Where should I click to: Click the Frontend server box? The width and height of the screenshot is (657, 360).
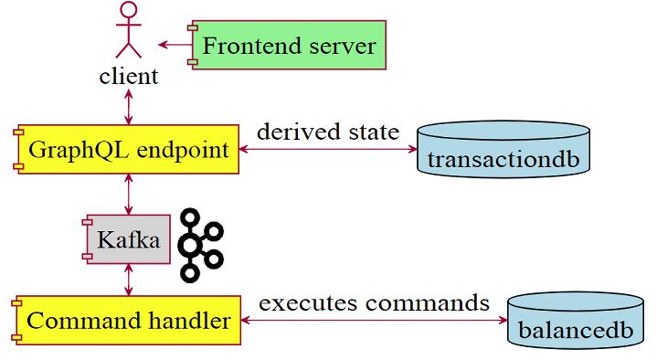point(288,44)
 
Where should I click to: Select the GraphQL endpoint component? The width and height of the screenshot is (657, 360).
point(128,148)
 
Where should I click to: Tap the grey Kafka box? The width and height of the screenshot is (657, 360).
point(128,240)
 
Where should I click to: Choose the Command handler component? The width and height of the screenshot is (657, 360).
point(127,321)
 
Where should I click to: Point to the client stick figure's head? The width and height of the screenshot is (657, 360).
point(129,11)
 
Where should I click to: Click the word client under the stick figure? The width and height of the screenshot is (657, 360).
point(129,76)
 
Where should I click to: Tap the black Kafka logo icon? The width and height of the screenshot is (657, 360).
point(199,244)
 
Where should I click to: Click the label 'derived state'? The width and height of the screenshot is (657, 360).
point(327,132)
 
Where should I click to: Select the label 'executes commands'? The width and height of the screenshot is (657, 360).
point(374,302)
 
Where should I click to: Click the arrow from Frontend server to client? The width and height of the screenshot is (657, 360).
point(173,44)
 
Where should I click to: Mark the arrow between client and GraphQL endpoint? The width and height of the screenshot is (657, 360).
point(129,106)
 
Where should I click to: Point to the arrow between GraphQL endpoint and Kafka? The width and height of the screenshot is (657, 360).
point(129,194)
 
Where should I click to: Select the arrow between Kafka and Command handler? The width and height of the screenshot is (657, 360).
point(129,279)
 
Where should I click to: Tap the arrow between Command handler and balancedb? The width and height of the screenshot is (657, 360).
point(374,321)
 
